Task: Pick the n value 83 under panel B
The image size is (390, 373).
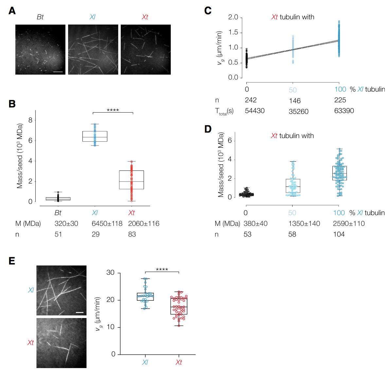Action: [x=132, y=234]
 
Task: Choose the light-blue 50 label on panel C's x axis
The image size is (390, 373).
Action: [x=292, y=90]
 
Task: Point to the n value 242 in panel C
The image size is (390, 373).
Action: [x=251, y=100]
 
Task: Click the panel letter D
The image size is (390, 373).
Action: [x=208, y=129]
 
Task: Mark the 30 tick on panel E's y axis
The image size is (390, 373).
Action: [x=112, y=273]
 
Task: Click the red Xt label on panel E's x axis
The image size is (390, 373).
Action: [x=179, y=362]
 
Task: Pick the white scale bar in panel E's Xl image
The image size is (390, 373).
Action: [x=80, y=312]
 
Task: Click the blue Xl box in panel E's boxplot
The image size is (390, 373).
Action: [x=146, y=296]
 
